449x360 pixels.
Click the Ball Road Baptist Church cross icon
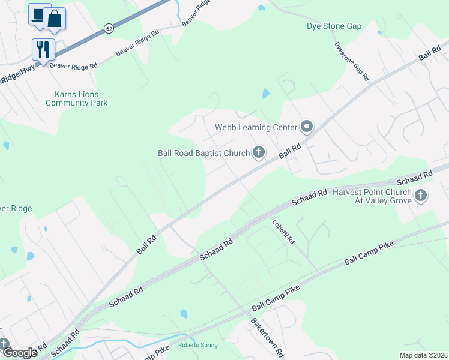pos(258,153)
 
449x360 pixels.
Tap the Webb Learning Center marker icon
pos(307,127)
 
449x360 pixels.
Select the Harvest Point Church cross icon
pos(421,195)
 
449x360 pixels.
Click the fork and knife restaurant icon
pos(43,49)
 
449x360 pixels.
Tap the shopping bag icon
pos(55,19)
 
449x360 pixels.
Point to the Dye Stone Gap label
pos(334,26)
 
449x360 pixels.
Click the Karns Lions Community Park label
pos(77,99)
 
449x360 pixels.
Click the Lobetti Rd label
pos(283,231)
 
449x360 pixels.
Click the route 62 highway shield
pos(109,28)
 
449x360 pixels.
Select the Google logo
pos(20,352)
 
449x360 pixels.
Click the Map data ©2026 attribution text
pos(423,355)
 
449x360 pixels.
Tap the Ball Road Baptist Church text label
pos(203,153)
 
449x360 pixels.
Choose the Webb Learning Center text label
pos(256,127)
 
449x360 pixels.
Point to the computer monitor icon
pos(38,14)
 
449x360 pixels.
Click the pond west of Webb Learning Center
pos(265,94)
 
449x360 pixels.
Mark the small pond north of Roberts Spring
pos(184,314)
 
